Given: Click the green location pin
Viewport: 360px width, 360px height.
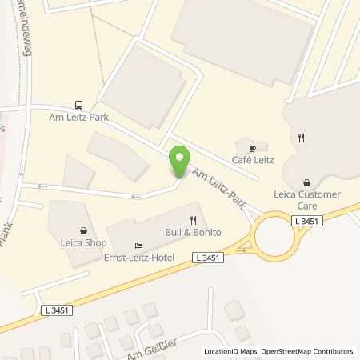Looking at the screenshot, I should (180, 163).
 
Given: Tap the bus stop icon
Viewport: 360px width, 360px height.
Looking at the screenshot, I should (78, 104).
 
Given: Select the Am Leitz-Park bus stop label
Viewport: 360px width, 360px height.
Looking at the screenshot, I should (78, 118).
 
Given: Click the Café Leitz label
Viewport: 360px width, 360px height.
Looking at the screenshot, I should (254, 161).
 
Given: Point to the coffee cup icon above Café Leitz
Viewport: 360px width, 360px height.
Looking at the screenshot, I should (253, 148).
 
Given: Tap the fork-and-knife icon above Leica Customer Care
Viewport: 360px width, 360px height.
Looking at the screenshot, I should (301, 138).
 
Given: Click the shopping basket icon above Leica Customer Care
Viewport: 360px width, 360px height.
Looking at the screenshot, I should (306, 182).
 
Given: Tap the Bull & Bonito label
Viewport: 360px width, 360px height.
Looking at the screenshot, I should (192, 232).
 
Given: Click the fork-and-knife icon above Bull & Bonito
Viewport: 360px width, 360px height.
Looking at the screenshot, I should (192, 219).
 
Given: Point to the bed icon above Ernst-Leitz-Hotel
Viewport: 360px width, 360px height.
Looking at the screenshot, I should (138, 246).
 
